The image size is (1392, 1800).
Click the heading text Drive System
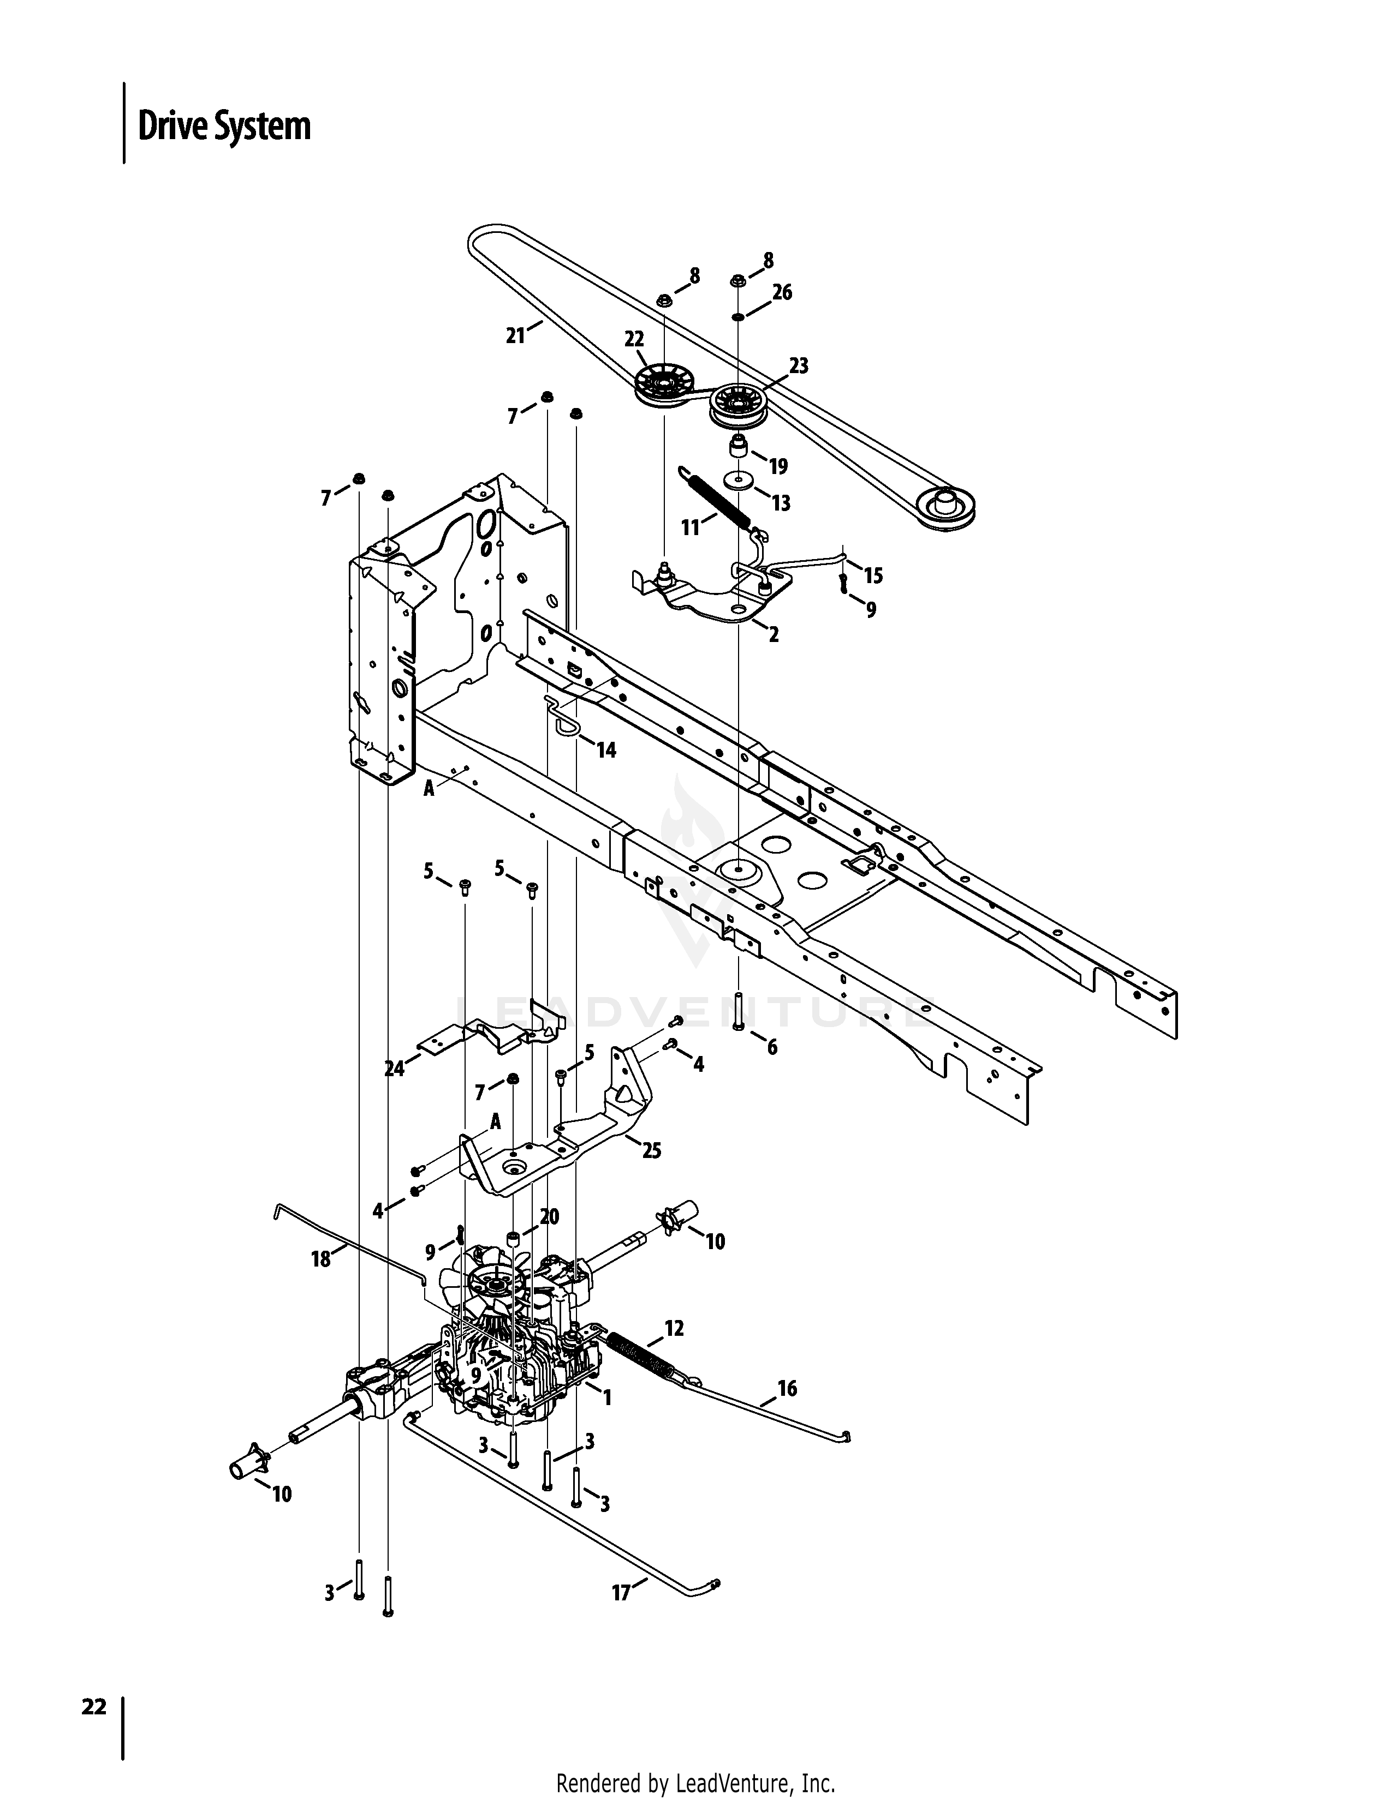(x=224, y=126)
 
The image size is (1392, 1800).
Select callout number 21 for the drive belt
(x=515, y=335)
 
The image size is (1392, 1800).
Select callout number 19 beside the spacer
(x=778, y=466)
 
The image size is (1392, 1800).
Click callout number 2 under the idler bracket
(x=774, y=634)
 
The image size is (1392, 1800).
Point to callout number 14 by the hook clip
(x=606, y=750)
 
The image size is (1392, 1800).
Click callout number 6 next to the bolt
(x=772, y=1047)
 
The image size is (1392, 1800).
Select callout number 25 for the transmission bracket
(x=651, y=1150)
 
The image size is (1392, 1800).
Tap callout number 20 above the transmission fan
(x=549, y=1216)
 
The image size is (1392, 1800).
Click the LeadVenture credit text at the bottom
(x=696, y=1779)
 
